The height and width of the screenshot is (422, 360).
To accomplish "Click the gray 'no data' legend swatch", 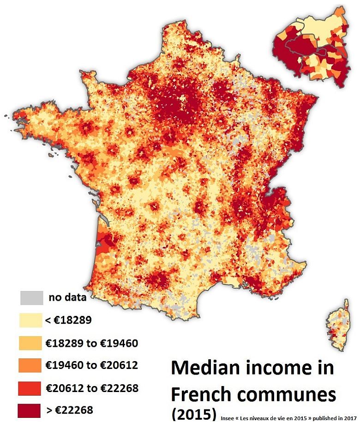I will coord(31,298).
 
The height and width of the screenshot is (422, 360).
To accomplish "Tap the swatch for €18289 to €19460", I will coord(31,343).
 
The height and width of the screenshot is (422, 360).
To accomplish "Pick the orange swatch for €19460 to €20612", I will coord(31,365).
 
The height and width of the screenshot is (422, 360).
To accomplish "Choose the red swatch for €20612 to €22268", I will coord(31,388).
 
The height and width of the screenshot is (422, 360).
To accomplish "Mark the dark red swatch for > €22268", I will coord(31,410).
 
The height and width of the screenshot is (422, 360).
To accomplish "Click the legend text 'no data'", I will coord(67,297).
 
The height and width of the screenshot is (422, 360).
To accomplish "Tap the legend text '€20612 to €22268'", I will coord(92,388).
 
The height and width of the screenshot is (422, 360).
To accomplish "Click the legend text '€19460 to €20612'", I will coord(92,365).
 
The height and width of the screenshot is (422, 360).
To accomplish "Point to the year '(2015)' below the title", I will coord(193,413).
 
